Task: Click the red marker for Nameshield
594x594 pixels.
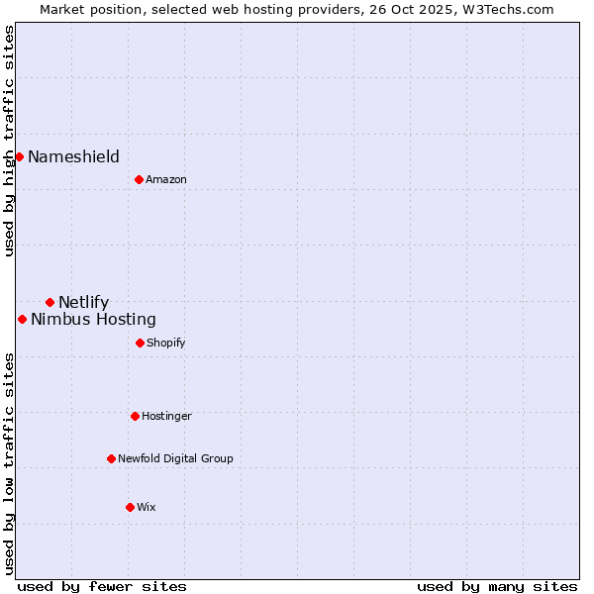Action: (19, 156)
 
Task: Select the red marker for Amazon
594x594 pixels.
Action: (139, 179)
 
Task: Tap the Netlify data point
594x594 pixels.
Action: (49, 302)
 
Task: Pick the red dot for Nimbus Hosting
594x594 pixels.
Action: (22, 319)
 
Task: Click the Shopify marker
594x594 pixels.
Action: (140, 343)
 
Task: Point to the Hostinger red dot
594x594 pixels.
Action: (135, 416)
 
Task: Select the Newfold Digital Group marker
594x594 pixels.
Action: (111, 458)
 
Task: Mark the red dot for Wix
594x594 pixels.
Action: (130, 507)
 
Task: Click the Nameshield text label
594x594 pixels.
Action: (73, 156)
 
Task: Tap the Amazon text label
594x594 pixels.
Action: (166, 179)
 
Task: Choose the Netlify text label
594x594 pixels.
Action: (83, 302)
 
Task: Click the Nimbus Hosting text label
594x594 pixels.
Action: (93, 319)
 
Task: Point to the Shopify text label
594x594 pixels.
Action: (166, 343)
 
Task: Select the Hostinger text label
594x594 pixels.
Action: (166, 416)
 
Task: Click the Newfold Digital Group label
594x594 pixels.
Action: (175, 458)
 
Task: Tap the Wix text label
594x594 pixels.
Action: (147, 507)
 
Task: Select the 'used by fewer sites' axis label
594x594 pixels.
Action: (102, 586)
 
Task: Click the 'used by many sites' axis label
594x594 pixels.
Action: (497, 586)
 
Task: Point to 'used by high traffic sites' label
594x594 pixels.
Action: (9, 141)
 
